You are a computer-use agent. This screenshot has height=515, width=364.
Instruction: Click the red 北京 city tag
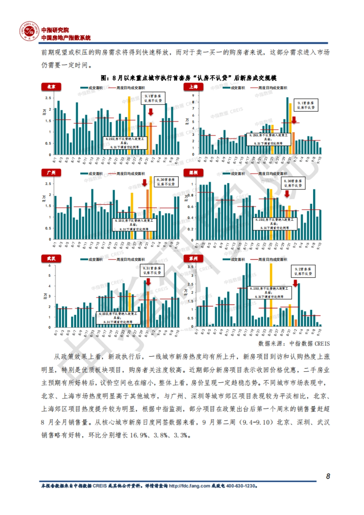pos(51,87)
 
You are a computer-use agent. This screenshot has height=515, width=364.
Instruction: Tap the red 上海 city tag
pos(193,87)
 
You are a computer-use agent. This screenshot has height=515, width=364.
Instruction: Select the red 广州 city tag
pos(51,173)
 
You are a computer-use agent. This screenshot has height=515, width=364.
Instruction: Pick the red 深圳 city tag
pos(193,173)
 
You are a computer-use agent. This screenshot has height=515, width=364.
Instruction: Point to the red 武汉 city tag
pos(51,258)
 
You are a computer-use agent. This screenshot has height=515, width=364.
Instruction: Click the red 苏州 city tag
pos(193,258)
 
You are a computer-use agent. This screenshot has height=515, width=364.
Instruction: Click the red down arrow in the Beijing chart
pos(150,112)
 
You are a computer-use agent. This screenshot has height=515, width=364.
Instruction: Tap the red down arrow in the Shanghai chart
pos(294,120)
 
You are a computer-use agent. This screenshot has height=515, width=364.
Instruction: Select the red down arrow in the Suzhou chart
pos(295,283)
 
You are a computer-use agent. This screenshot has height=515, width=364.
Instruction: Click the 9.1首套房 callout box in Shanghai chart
pos(306,105)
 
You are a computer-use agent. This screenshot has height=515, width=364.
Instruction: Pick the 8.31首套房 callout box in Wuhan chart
pos(152,271)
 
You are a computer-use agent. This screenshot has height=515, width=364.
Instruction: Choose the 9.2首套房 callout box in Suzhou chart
pos(303,271)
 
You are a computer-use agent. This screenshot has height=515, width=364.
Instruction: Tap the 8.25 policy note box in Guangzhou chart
pos(134,225)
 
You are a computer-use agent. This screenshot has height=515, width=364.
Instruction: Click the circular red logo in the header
pos(29,31)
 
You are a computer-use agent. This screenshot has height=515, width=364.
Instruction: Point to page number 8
pos(328,476)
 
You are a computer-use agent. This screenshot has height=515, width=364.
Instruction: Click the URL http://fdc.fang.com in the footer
pos(189,486)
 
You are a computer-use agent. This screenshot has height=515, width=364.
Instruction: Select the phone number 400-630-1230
pos(241,486)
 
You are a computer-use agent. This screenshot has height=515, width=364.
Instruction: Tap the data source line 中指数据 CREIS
pos(294,343)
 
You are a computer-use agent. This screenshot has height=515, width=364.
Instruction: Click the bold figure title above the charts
pos(188,78)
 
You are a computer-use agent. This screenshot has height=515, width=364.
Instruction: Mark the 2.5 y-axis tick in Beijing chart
pos(48,98)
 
